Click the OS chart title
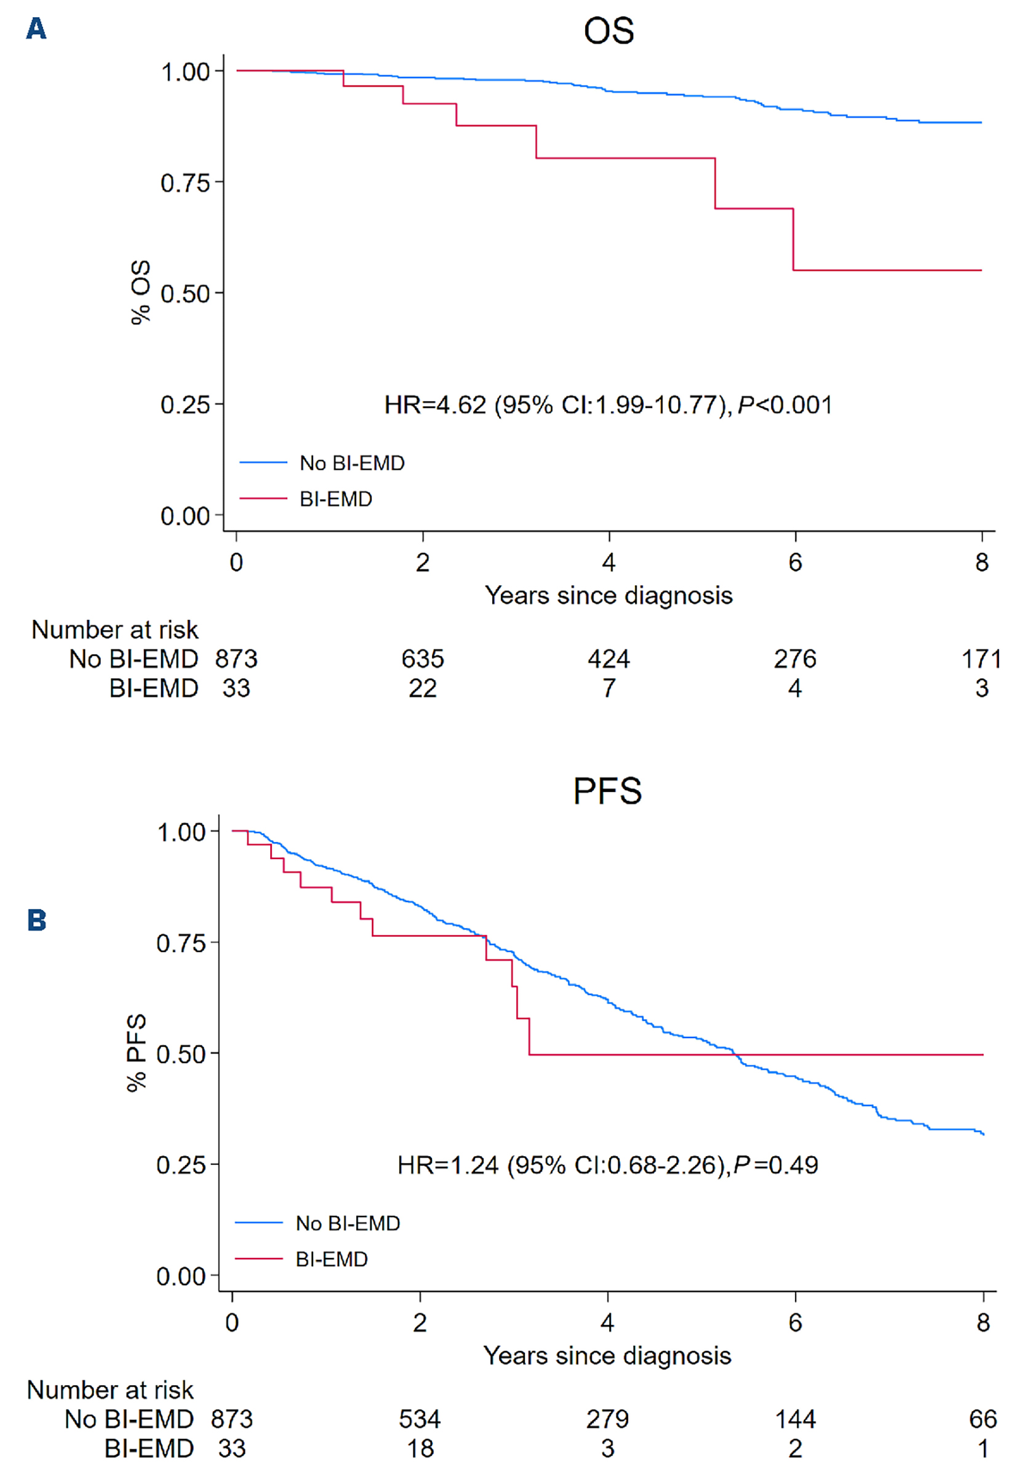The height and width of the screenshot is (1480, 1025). coord(608,31)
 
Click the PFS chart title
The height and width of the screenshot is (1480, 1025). coord(607,791)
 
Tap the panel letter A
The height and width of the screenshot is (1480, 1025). coord(36,29)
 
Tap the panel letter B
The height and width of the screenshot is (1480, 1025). coord(37,921)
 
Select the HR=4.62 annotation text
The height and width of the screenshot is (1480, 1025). coord(607,406)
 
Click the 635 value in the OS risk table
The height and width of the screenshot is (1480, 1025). coord(422,659)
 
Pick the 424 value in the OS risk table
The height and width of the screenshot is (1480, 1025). coord(608,659)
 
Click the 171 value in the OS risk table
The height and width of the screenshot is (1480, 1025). coord(981,659)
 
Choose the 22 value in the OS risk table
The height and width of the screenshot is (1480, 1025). coord(422,689)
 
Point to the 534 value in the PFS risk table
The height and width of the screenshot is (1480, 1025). coord(420,1420)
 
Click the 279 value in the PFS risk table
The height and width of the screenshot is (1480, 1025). coord(607,1420)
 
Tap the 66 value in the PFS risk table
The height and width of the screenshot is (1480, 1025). coord(983,1420)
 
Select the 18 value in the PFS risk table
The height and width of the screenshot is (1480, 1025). coord(420,1449)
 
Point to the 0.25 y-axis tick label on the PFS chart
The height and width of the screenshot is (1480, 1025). coord(180,1164)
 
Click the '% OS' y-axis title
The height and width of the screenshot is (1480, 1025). coord(140,293)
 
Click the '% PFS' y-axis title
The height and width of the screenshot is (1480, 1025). coord(136,1053)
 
